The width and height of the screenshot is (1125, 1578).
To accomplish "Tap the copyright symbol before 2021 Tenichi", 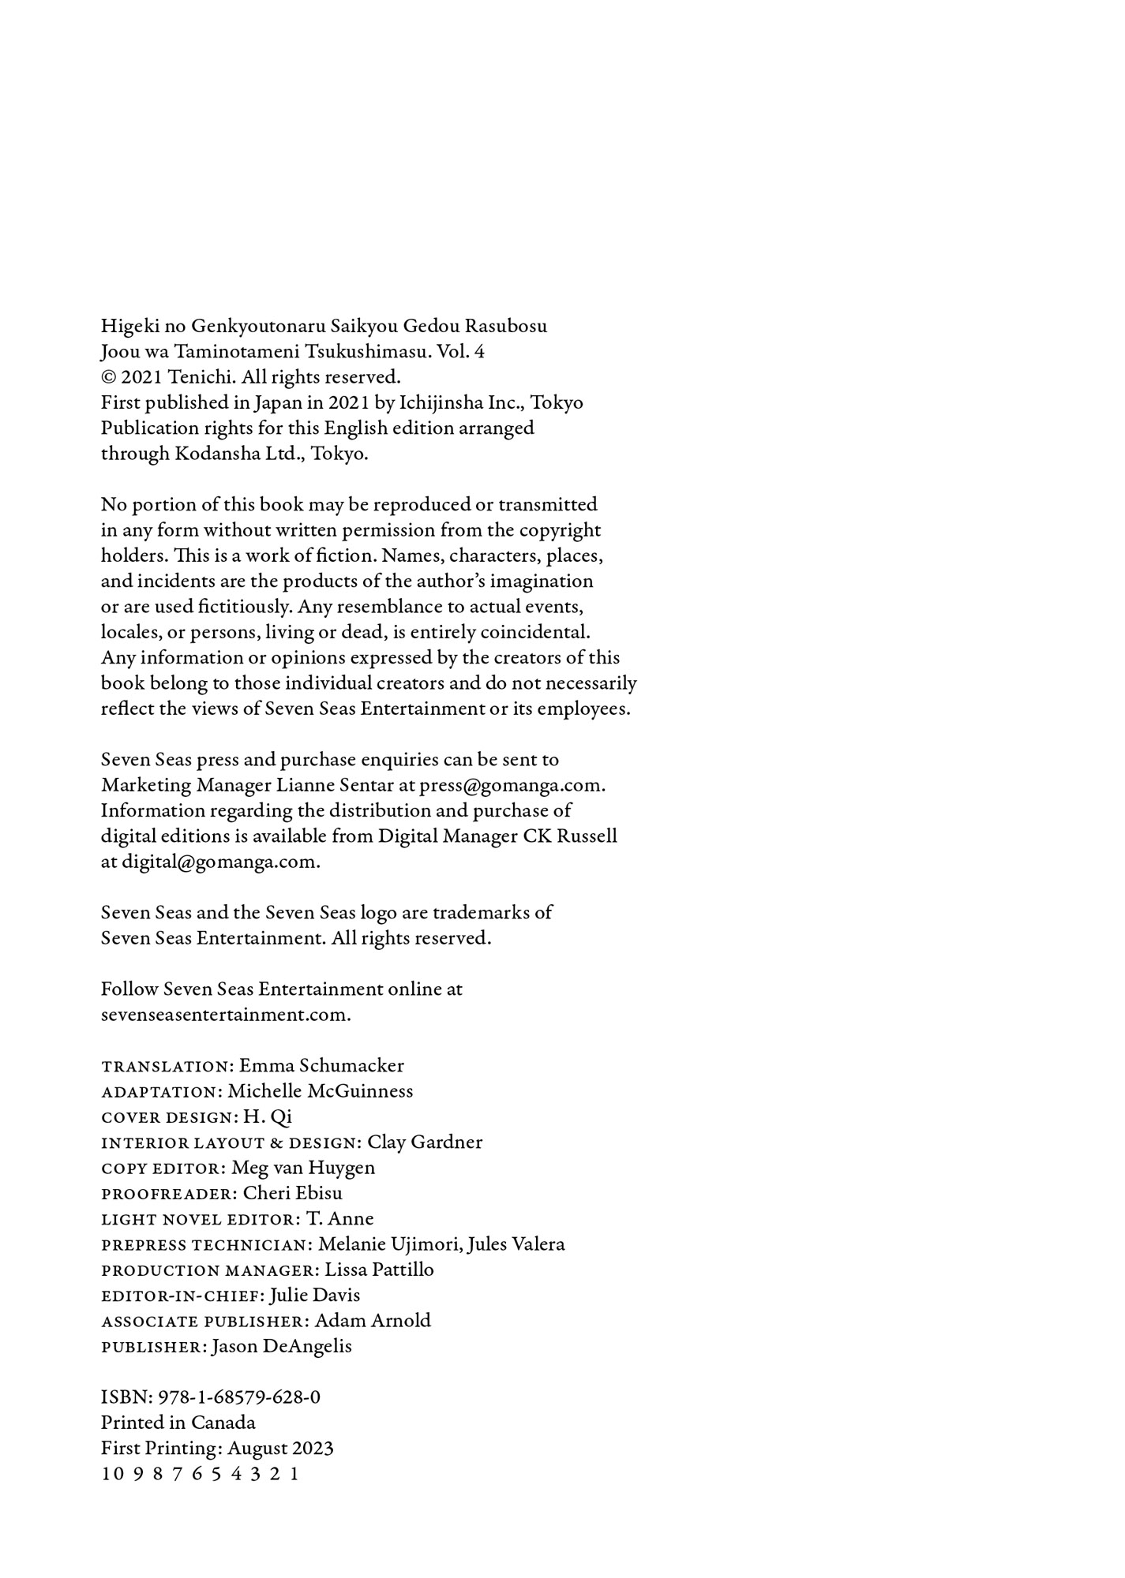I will coord(108,377).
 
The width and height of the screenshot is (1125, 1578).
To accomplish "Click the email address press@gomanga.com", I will coord(512,785).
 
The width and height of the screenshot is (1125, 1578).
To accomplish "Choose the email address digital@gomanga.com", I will coord(220,862).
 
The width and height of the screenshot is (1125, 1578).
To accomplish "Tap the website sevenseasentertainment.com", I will coord(226,1015).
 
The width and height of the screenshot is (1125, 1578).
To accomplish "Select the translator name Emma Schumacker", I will coord(321,1066).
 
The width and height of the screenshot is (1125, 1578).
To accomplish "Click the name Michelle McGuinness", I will coord(320,1091).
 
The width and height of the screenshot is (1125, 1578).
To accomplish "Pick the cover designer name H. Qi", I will coord(268,1116).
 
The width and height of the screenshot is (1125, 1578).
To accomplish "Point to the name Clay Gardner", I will coord(425,1142).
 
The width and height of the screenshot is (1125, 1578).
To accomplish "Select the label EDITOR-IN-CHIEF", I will coord(182,1296).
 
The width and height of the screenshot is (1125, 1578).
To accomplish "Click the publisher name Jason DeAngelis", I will coord(282,1346).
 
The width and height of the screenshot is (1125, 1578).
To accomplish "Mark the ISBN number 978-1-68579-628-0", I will coord(239,1397).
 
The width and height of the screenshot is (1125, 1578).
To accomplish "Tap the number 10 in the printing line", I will coord(112,1474).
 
